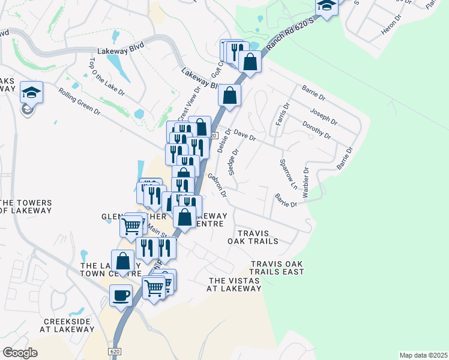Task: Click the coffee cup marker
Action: pyautogui.click(x=121, y=295)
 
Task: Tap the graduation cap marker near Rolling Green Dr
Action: pyautogui.click(x=31, y=92)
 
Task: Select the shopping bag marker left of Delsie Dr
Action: pyautogui.click(x=229, y=95)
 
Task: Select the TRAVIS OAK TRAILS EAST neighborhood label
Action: pyautogui.click(x=277, y=268)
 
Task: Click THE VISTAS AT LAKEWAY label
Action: pyautogui.click(x=234, y=284)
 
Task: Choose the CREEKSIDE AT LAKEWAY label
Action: pyautogui.click(x=66, y=325)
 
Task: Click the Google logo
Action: pyautogui.click(x=20, y=352)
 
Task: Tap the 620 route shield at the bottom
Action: pyautogui.click(x=116, y=350)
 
